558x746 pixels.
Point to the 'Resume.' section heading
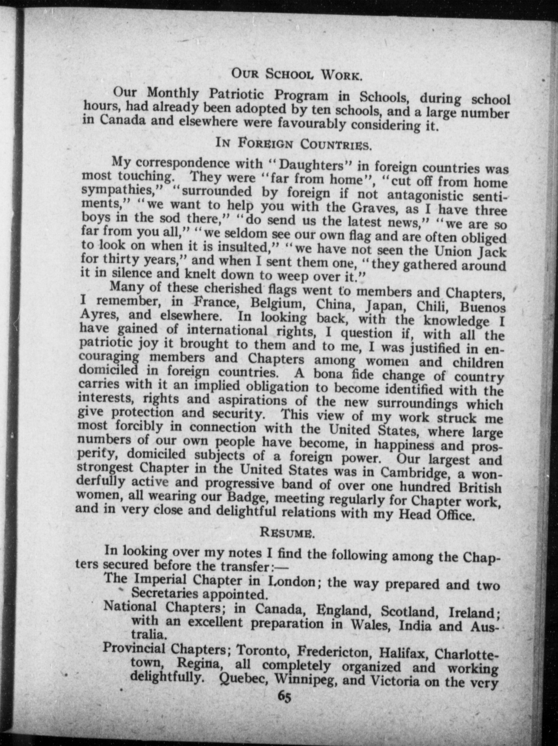[287, 532]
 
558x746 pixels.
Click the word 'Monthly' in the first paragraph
[173, 93]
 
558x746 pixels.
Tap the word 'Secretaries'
[165, 593]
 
